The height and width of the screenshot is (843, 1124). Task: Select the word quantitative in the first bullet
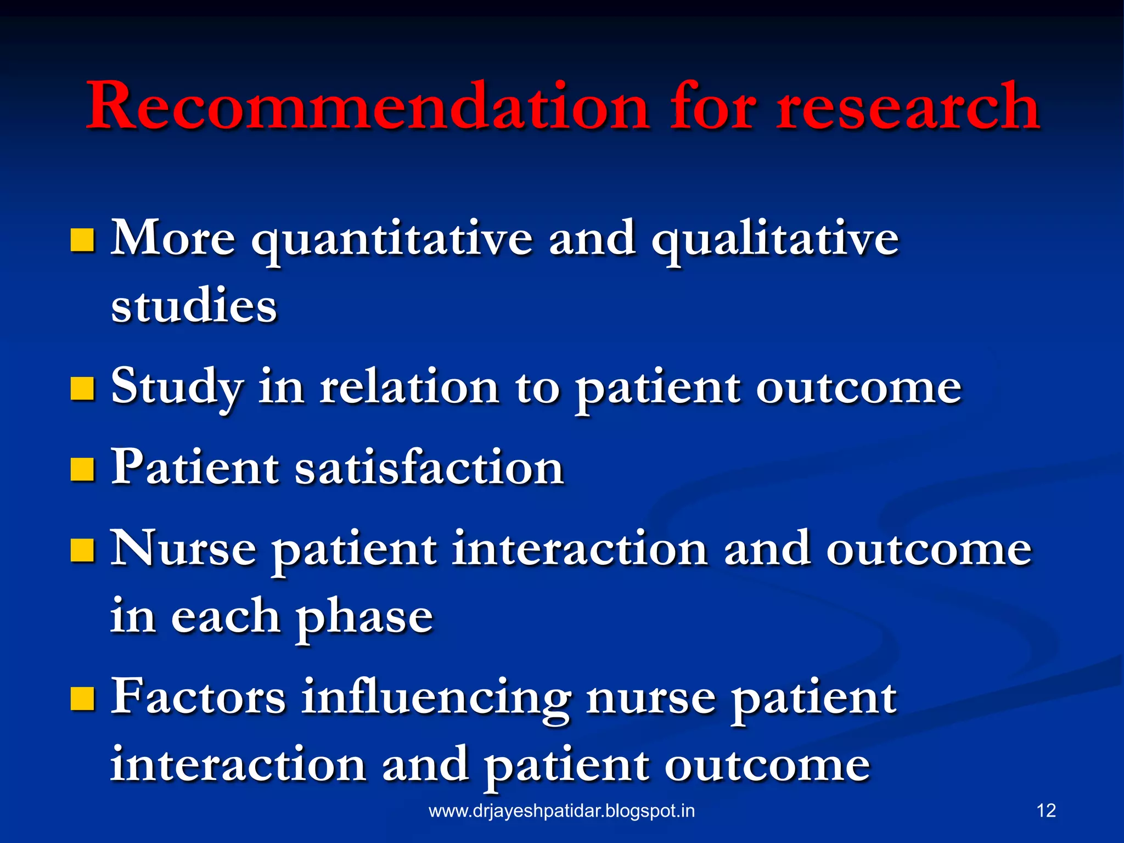pyautogui.click(x=392, y=240)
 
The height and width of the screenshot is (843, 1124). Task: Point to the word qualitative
pyautogui.click(x=775, y=240)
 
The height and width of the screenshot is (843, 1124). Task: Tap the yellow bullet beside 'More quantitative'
pyautogui.click(x=82, y=240)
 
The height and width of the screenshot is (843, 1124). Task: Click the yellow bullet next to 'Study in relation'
pyautogui.click(x=82, y=389)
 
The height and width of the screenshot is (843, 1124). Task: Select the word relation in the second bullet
pyautogui.click(x=409, y=387)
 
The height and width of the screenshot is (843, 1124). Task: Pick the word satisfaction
pyautogui.click(x=429, y=468)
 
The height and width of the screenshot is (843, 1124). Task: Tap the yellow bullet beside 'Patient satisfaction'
pyautogui.click(x=82, y=470)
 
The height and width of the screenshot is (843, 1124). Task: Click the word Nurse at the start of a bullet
pyautogui.click(x=183, y=549)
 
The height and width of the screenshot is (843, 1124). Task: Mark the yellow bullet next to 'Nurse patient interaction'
pyautogui.click(x=82, y=550)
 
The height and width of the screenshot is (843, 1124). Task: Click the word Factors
pyautogui.click(x=198, y=697)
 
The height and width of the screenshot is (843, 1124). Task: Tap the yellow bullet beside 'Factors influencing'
pyautogui.click(x=82, y=698)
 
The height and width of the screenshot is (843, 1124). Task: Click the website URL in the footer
pyautogui.click(x=561, y=811)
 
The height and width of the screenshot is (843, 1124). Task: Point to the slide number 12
pyautogui.click(x=1046, y=811)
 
